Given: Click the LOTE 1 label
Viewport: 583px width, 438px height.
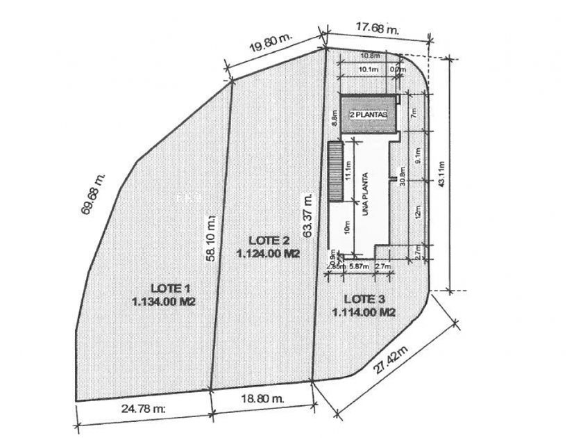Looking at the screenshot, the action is point(170,288).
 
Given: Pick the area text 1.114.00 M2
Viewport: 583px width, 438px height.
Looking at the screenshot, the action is point(364,313).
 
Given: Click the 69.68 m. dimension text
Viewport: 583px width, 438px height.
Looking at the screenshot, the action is point(94,195).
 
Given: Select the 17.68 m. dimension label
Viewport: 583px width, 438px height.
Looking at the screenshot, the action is point(378,29).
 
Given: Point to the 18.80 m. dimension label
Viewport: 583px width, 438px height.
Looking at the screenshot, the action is point(261,399).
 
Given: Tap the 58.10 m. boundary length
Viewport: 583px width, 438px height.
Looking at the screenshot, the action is point(212,238).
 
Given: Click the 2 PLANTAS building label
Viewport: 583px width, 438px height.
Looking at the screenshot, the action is point(368,115).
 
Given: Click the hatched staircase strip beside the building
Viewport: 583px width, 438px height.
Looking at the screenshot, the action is point(336,171).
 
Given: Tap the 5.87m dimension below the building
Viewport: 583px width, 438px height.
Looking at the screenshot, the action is point(358,266).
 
